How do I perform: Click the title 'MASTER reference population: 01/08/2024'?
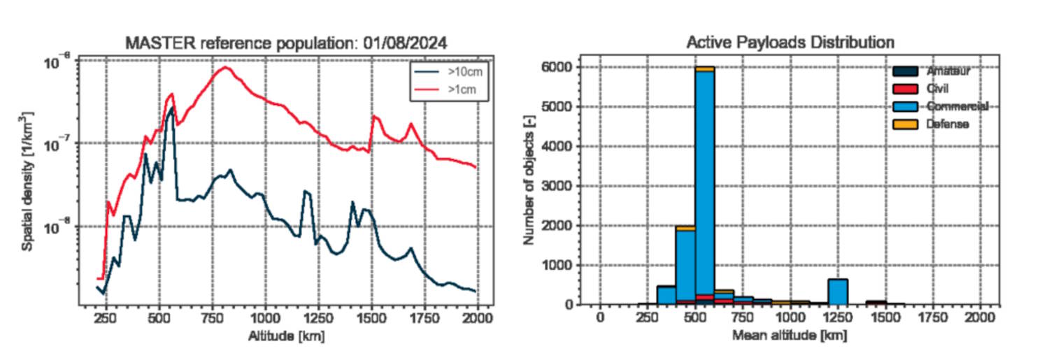(286, 43)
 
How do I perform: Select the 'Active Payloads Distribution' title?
(790, 43)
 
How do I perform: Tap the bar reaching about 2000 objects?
(685, 266)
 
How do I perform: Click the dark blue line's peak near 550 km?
(172, 108)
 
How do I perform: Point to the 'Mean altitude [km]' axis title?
(790, 336)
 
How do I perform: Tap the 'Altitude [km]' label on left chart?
(286, 336)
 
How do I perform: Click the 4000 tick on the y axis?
(557, 146)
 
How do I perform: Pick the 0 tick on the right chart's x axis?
(600, 317)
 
